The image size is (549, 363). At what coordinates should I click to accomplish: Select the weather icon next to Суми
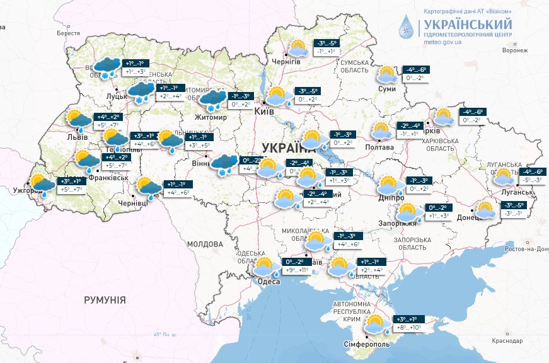tap(387, 76)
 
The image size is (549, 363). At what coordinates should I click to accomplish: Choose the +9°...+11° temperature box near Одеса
tap(296, 270)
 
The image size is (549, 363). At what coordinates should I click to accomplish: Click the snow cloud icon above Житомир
tap(214, 98)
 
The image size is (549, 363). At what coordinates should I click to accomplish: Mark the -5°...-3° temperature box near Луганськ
tap(529, 180)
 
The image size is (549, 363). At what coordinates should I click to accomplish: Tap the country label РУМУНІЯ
tap(105, 300)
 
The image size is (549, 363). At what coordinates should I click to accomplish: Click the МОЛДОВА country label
tap(205, 244)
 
